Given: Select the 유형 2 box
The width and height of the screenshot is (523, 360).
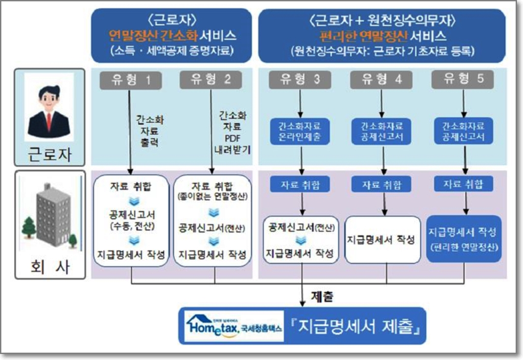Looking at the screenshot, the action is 210,80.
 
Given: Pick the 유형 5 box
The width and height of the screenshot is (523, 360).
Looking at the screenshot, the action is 463,80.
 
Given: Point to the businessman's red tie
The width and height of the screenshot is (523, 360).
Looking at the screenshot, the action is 49,122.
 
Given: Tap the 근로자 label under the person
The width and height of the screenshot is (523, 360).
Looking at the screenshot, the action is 49,155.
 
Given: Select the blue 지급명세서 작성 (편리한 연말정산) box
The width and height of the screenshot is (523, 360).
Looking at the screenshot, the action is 463,238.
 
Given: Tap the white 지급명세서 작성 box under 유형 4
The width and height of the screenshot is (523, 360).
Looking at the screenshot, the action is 381,238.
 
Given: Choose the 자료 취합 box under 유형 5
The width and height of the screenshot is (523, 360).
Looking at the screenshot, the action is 463,184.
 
